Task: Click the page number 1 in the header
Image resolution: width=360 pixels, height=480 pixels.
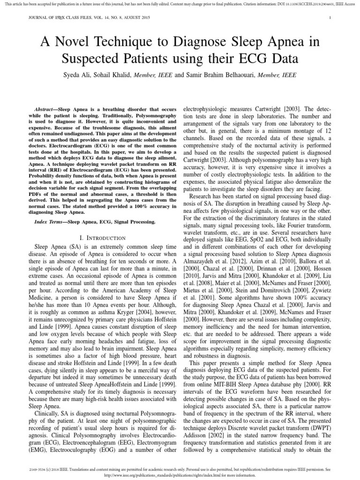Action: (x=330, y=18)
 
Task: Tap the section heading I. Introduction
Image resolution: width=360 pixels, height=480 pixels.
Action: (x=103, y=238)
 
